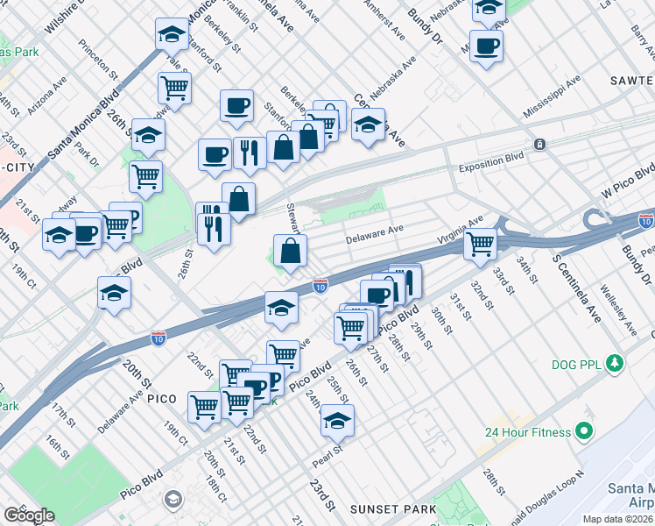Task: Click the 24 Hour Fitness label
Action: click(x=528, y=431)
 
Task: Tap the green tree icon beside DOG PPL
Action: click(x=616, y=362)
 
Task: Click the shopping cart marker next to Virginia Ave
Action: click(x=480, y=245)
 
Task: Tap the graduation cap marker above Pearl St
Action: click(x=337, y=421)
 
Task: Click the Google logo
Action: click(x=29, y=515)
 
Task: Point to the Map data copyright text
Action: click(x=617, y=519)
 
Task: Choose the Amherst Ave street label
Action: click(x=385, y=21)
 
